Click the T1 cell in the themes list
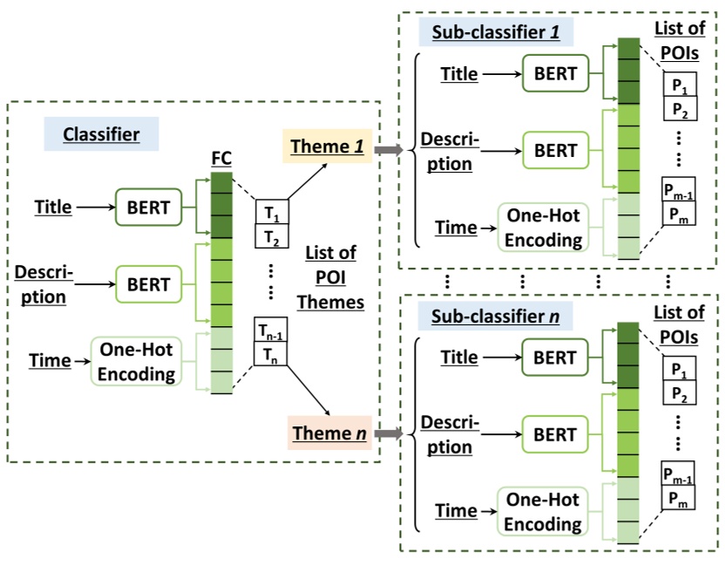[270, 212]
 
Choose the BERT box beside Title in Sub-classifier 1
[556, 73]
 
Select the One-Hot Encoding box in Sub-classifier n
[543, 511]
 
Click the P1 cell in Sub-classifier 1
[680, 85]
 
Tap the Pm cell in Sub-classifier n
[680, 499]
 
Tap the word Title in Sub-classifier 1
[459, 74]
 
